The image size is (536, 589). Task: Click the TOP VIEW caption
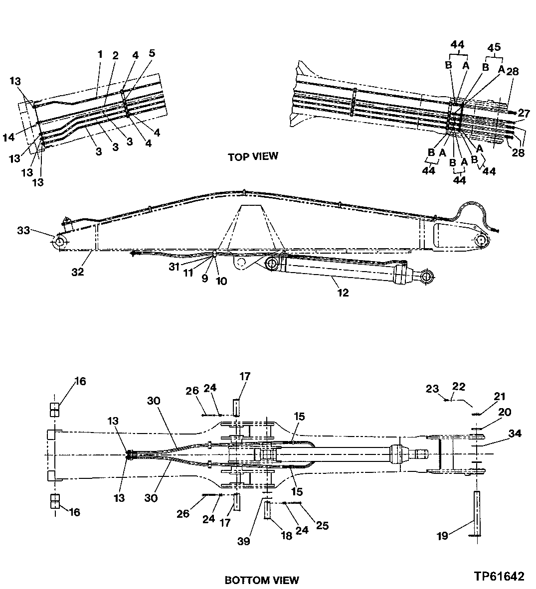pyautogui.click(x=253, y=156)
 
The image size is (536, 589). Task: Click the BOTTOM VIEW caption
pyautogui.click(x=262, y=580)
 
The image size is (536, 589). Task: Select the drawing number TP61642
pyautogui.click(x=499, y=577)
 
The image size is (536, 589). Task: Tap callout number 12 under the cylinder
pyautogui.click(x=343, y=293)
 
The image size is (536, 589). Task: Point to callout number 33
pyautogui.click(x=23, y=230)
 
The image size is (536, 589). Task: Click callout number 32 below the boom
pyautogui.click(x=77, y=272)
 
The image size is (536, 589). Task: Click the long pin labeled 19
pyautogui.click(x=477, y=514)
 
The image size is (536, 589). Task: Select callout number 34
pyautogui.click(x=515, y=434)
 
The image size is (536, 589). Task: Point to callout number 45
pyautogui.click(x=494, y=48)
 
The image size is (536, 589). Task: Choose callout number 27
pyautogui.click(x=524, y=113)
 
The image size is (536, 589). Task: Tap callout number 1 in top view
pyautogui.click(x=100, y=53)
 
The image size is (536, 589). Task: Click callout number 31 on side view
pyautogui.click(x=174, y=267)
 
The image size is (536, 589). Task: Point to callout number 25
pyautogui.click(x=322, y=525)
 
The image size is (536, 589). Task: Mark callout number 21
pyautogui.click(x=499, y=397)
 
